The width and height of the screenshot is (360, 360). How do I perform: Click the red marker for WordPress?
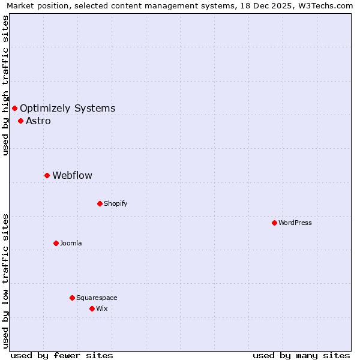pyautogui.click(x=274, y=223)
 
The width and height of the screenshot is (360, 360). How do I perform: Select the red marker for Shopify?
pyautogui.click(x=100, y=203)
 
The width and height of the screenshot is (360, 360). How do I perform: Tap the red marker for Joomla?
pyautogui.click(x=56, y=243)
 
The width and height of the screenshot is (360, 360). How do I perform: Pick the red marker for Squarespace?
pyautogui.click(x=72, y=298)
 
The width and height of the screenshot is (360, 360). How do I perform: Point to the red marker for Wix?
pyautogui.click(x=92, y=308)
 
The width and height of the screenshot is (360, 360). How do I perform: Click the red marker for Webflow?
pyautogui.click(x=47, y=175)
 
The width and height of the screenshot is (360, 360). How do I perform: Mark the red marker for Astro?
pyautogui.click(x=20, y=121)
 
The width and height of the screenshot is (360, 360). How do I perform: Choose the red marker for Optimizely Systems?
pyautogui.click(x=14, y=108)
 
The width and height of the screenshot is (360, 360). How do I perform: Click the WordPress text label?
pyautogui.click(x=295, y=223)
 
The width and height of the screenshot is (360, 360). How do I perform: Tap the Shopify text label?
pyautogui.click(x=116, y=203)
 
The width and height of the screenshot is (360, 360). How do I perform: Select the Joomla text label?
pyautogui.click(x=71, y=243)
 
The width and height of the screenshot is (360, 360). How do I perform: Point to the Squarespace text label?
pyautogui.click(x=97, y=298)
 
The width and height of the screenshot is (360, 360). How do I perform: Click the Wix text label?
pyautogui.click(x=102, y=308)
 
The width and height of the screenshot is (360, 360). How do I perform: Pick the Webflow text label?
pyautogui.click(x=73, y=175)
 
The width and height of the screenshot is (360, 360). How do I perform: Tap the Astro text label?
pyautogui.click(x=38, y=121)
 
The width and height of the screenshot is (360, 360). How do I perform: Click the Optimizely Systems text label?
pyautogui.click(x=68, y=108)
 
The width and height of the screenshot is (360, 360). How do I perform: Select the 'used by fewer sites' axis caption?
pyautogui.click(x=62, y=355)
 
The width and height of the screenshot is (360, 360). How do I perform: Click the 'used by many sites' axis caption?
pyautogui.click(x=301, y=355)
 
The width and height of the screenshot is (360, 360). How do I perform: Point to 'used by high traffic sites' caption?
pyautogui.click(x=6, y=85)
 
